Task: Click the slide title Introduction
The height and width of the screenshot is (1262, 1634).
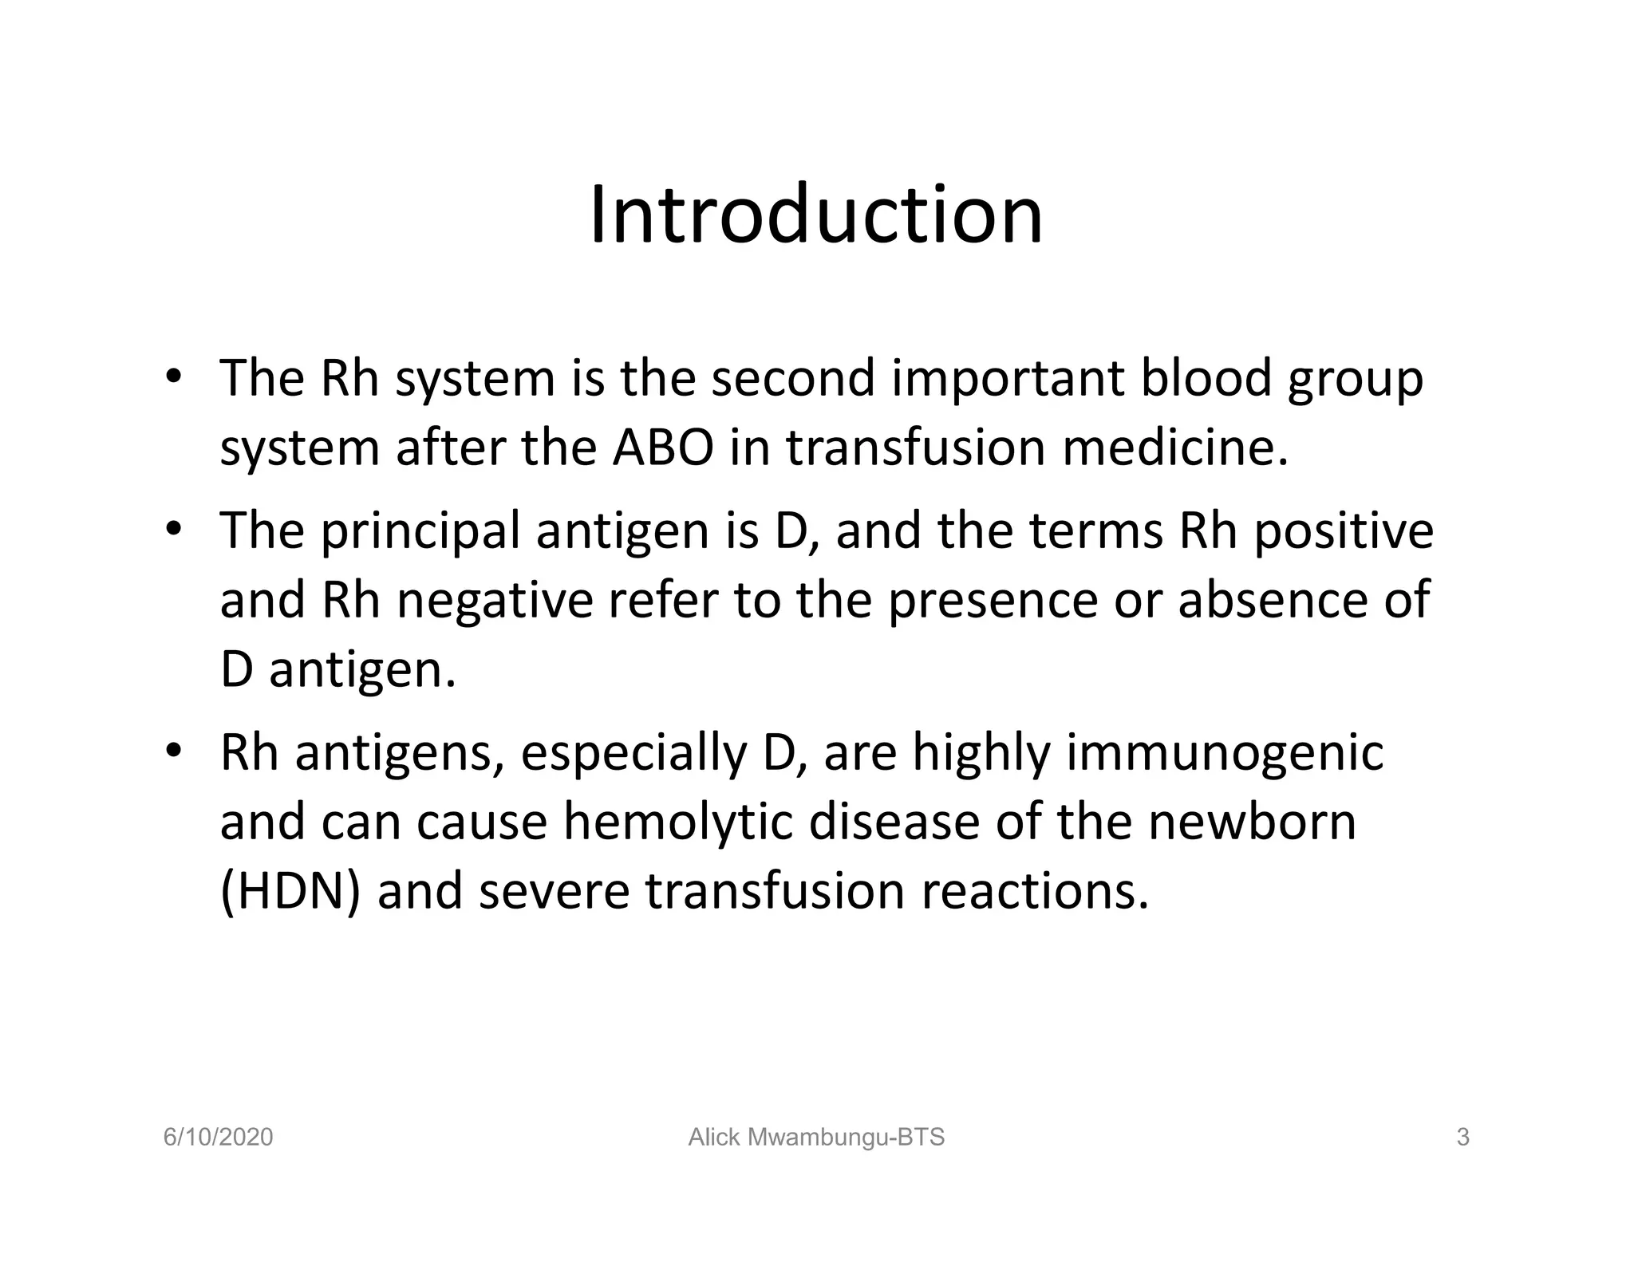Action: point(816,215)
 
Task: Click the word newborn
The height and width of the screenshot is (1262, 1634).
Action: point(1252,822)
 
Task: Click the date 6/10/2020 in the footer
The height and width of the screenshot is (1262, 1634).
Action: point(218,1138)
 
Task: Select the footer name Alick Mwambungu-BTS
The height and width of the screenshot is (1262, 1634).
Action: point(816,1138)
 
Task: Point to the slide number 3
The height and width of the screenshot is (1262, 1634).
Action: point(1462,1138)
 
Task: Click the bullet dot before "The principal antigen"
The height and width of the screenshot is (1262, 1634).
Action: point(173,530)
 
